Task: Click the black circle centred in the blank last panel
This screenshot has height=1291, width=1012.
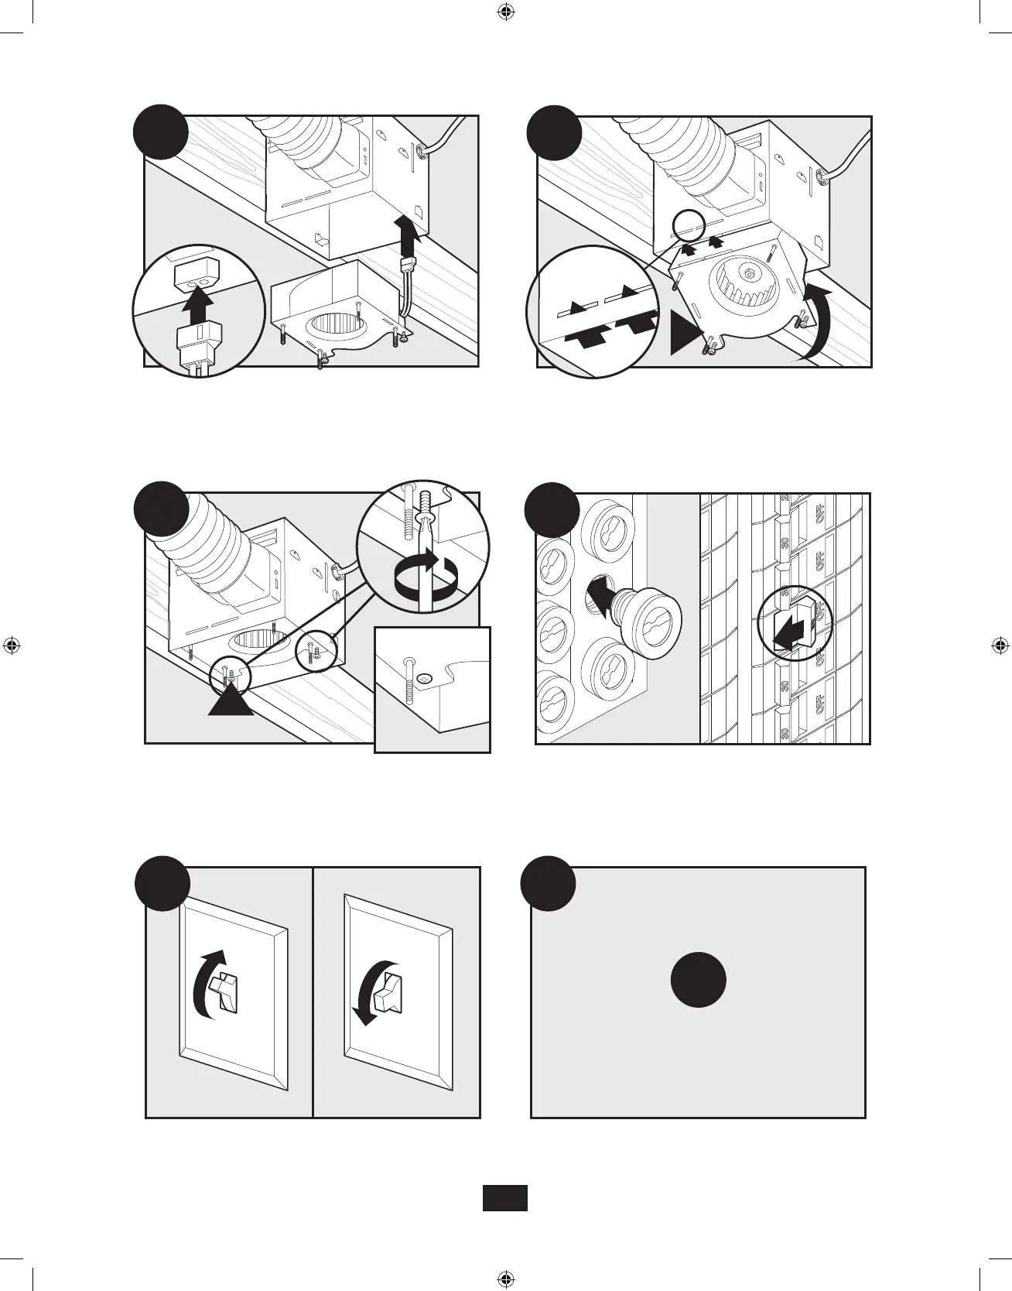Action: tap(698, 979)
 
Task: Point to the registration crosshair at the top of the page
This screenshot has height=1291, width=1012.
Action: tap(505, 12)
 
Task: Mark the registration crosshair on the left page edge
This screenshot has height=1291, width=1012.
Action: tap(12, 645)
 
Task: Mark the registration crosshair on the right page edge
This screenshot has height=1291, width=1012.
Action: tap(1000, 645)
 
